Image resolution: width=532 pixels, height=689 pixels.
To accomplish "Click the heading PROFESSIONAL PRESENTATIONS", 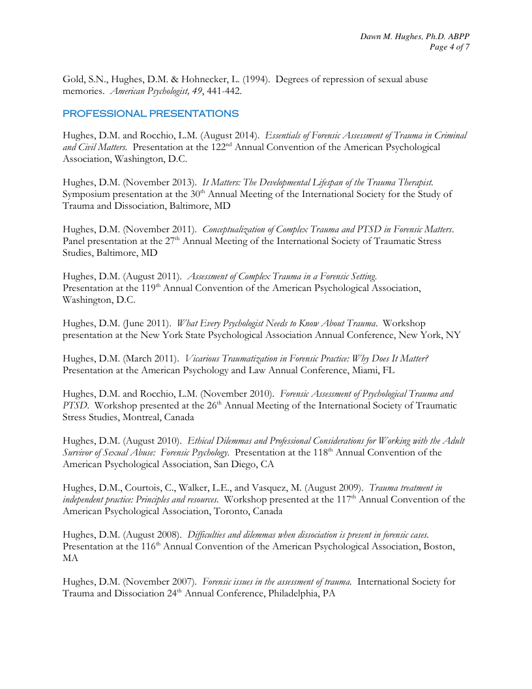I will (x=151, y=114).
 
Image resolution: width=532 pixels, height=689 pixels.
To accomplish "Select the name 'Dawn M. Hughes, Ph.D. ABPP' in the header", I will (x=415, y=35).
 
